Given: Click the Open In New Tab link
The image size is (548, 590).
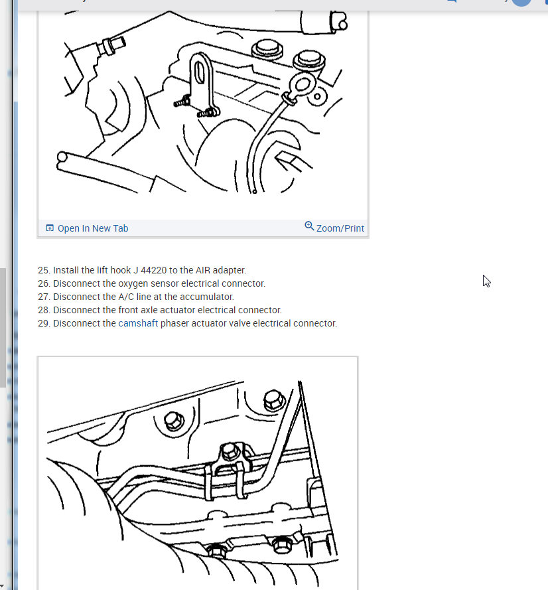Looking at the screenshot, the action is click(x=92, y=228).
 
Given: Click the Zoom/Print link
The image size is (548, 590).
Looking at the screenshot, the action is click(x=340, y=228).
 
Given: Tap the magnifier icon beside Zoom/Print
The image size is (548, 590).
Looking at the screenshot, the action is click(x=309, y=226).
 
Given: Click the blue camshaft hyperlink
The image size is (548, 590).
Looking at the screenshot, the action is click(x=138, y=323).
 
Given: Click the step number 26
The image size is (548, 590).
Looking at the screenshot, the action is click(x=44, y=283).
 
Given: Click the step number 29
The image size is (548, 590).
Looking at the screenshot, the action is click(x=44, y=323).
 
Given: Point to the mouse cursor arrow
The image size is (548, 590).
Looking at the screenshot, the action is click(x=486, y=281).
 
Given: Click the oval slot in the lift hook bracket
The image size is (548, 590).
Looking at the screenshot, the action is click(x=198, y=72).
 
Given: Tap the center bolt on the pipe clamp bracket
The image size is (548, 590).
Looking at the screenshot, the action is click(x=230, y=451).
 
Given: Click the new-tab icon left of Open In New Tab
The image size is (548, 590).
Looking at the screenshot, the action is click(x=50, y=228).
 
